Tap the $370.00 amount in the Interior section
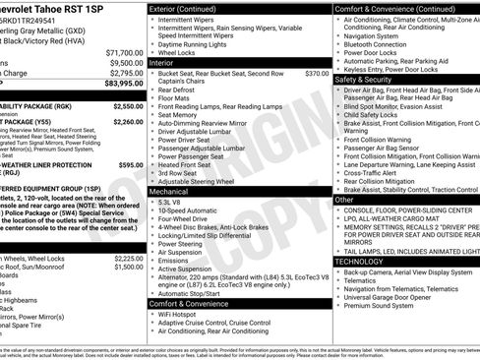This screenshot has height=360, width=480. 317,73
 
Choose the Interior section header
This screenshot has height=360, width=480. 161,62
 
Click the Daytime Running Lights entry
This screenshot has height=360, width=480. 200,44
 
